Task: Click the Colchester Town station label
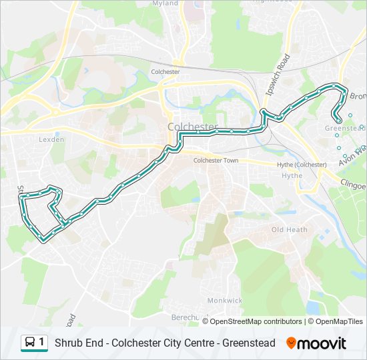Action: coord(216,161)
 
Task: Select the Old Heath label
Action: coord(289,229)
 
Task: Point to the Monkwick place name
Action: coord(224,301)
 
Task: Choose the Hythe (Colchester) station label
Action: coord(302,165)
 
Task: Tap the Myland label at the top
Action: coord(165,3)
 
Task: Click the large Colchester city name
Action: coord(193,127)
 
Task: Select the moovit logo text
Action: coord(322,343)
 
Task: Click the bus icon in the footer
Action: coord(30,343)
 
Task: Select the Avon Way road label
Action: coord(353,155)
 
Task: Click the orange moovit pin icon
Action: coord(291,343)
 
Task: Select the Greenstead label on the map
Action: coord(344,127)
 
